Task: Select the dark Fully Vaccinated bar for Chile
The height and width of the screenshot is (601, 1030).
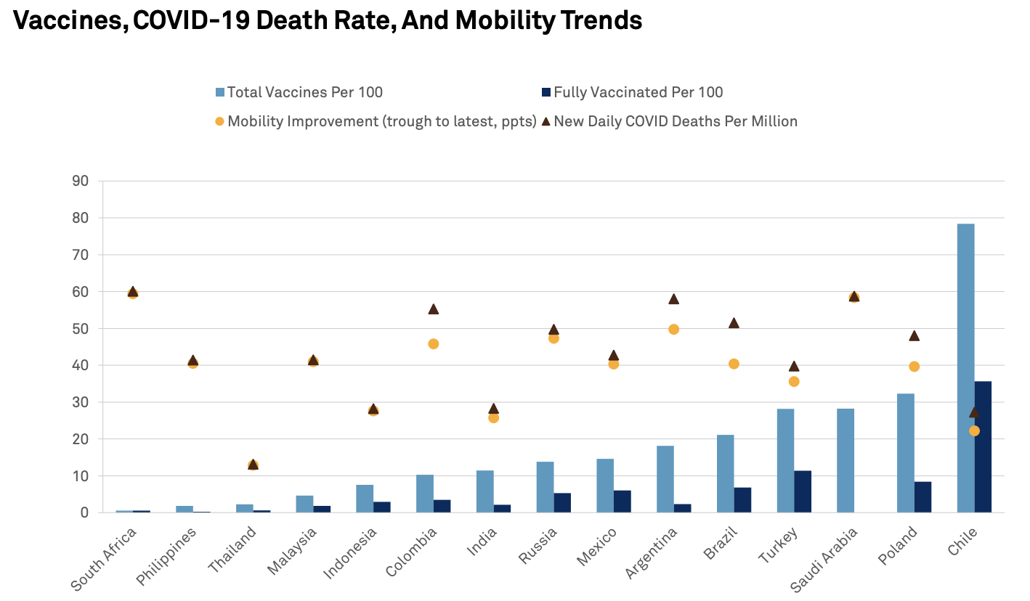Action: click(983, 447)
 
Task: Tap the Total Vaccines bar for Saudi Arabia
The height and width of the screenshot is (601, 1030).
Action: click(846, 460)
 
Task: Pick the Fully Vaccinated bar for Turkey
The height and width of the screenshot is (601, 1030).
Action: click(803, 491)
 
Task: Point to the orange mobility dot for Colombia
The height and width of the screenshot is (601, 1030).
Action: click(434, 343)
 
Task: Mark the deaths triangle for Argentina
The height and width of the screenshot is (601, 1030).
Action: click(673, 298)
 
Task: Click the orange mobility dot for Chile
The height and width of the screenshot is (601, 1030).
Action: click(974, 430)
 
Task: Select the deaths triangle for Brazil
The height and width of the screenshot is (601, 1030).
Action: click(734, 322)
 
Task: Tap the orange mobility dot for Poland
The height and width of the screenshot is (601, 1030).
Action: click(915, 367)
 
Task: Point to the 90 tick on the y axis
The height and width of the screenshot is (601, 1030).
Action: click(81, 181)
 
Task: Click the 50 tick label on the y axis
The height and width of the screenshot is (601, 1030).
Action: click(81, 328)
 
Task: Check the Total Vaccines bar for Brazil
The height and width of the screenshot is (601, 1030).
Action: click(725, 473)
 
